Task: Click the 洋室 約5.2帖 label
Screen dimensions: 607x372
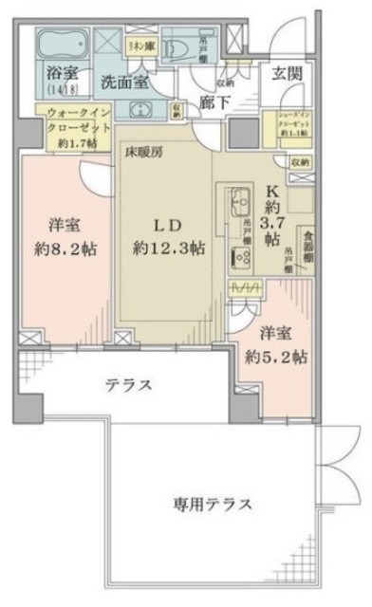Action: coord(280,345)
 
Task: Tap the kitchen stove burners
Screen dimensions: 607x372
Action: coord(235,253)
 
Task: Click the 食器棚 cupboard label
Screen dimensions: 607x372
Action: coord(307,249)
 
